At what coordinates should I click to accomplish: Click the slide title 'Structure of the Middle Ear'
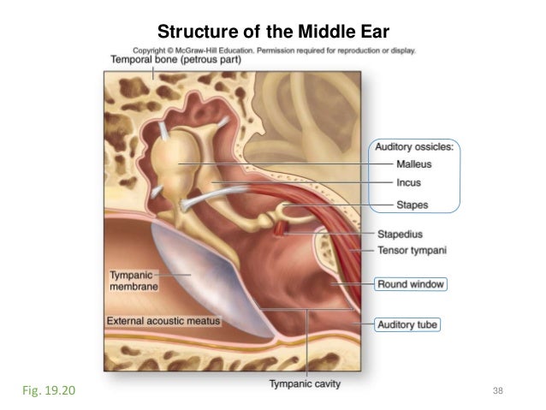[x=274, y=33]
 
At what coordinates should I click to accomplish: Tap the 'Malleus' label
[x=413, y=163]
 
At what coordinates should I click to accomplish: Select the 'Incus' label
[x=408, y=182]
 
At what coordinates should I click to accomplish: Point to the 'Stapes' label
[x=412, y=205]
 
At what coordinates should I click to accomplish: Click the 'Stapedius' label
[x=401, y=233]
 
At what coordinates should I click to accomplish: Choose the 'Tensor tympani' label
[x=413, y=251]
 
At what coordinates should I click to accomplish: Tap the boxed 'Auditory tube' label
[x=408, y=325]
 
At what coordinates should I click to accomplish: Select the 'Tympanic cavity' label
[x=305, y=383]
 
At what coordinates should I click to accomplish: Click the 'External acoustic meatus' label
[x=163, y=321]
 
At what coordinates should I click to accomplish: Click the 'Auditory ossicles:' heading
[x=415, y=147]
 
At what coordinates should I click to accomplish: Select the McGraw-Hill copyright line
[x=274, y=50]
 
